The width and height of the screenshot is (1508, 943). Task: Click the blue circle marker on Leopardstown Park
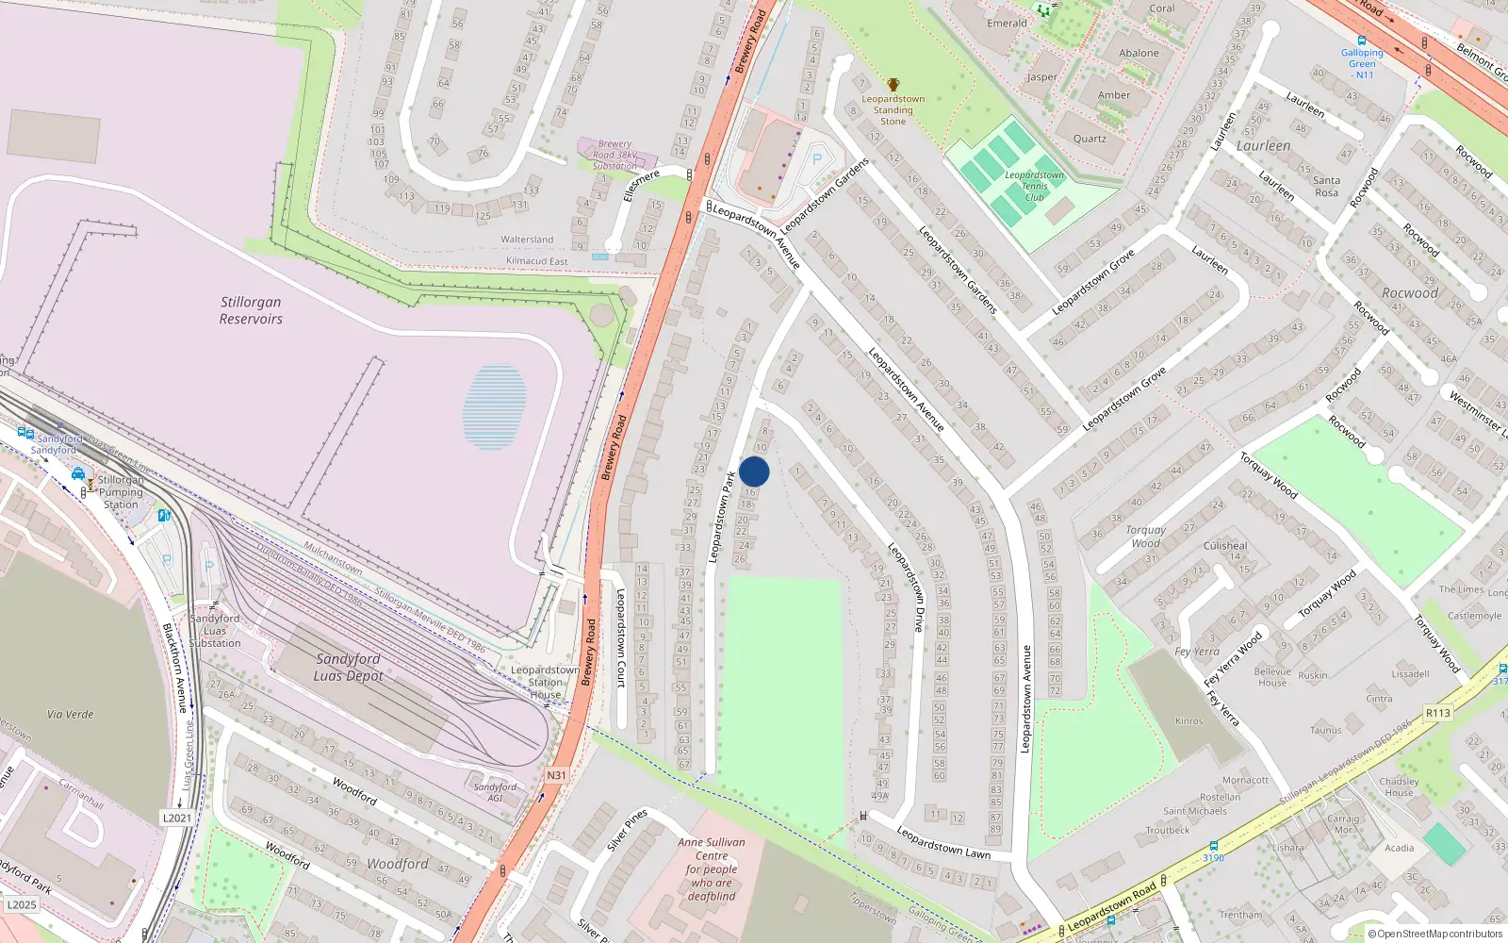coord(754,471)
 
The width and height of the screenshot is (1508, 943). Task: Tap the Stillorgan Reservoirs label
coord(251,310)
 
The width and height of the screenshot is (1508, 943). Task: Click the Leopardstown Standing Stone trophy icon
coord(893,85)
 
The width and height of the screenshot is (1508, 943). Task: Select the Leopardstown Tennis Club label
coord(1034,186)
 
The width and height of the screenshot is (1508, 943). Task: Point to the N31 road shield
coord(557,775)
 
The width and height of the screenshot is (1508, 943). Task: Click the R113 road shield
coord(1437,713)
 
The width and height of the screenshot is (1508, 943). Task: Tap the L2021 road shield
coord(177,818)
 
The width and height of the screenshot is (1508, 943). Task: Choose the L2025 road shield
coord(21,904)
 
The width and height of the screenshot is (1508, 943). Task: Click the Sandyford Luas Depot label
coord(348,667)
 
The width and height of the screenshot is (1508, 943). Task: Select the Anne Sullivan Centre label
coord(712,869)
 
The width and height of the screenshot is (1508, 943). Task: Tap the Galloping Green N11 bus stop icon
coord(1361,41)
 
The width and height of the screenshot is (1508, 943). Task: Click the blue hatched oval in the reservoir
coord(494,406)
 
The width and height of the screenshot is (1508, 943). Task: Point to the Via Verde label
coord(71,714)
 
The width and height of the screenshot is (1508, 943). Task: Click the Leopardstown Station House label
coord(545,682)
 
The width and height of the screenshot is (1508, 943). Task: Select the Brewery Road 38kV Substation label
coord(615,155)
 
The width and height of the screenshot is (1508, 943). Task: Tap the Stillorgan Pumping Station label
coord(121,491)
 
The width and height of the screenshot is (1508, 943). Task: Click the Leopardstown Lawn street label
coord(942,842)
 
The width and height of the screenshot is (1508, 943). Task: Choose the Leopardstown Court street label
coord(620,637)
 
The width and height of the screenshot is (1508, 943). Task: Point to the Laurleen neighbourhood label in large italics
coord(1263,146)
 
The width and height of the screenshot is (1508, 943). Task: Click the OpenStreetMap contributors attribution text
coord(1435,934)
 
